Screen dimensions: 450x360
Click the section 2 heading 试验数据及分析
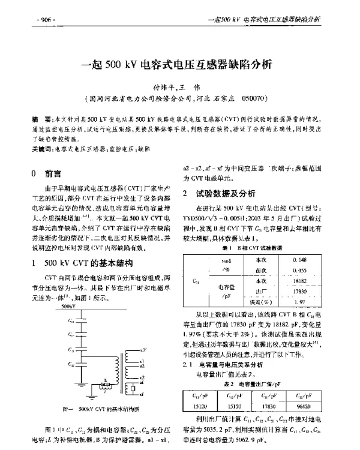pos(227,193)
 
